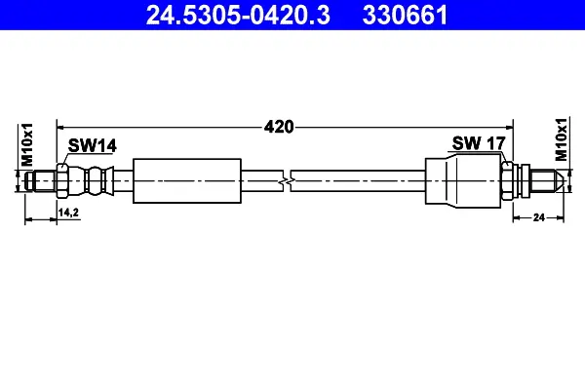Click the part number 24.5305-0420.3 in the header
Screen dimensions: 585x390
tap(238, 16)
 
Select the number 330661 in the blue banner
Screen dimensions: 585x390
tap(405, 16)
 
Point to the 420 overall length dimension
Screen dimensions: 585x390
tap(279, 127)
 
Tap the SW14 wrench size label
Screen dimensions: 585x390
tap(93, 145)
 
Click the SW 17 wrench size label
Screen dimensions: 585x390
tap(479, 143)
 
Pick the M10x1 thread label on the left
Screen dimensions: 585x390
tap(27, 145)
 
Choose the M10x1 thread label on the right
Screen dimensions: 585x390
tap(561, 139)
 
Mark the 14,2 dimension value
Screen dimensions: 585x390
tap(68, 213)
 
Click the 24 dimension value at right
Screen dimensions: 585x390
tap(539, 217)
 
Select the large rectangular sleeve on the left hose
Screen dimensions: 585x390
tap(187, 181)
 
